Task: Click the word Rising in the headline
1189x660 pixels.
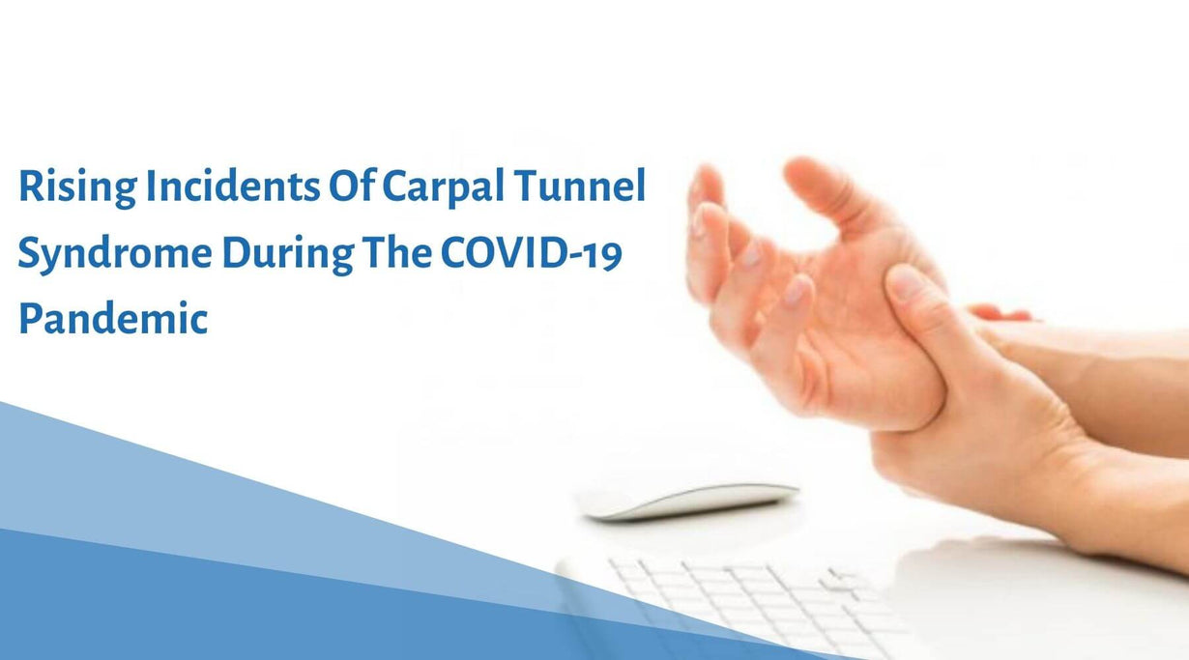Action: tap(78, 187)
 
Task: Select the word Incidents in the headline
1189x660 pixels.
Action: tap(233, 186)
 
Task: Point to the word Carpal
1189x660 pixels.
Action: tap(443, 187)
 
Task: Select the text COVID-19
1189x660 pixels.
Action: tap(531, 253)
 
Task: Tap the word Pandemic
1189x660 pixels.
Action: tap(113, 318)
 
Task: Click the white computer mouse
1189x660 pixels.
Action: tap(690, 501)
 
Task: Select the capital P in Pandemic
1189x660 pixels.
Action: tap(31, 318)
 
